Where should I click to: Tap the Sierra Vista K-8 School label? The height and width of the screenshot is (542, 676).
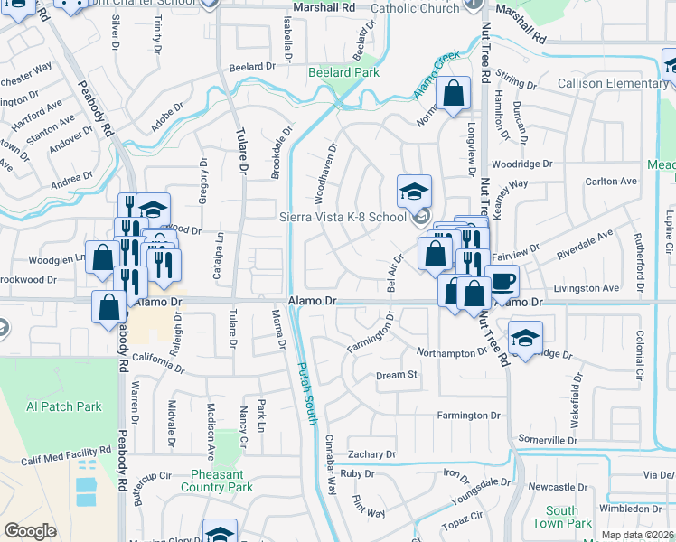pos(343,217)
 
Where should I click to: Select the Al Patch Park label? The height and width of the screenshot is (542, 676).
pos(64,406)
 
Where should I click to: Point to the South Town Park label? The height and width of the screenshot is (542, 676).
pos(561,517)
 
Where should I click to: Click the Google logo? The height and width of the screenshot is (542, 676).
pos(30,531)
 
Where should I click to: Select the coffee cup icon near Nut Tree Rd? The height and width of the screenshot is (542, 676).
pos(502,281)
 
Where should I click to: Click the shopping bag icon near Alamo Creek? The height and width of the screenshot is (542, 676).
pos(454,92)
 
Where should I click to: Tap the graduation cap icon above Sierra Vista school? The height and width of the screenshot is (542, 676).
pos(414,191)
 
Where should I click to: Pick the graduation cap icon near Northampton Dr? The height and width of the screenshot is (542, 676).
pos(525,337)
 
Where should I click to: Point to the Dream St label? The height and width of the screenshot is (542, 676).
pos(397,375)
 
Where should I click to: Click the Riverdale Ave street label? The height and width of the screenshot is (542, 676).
pos(585,245)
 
